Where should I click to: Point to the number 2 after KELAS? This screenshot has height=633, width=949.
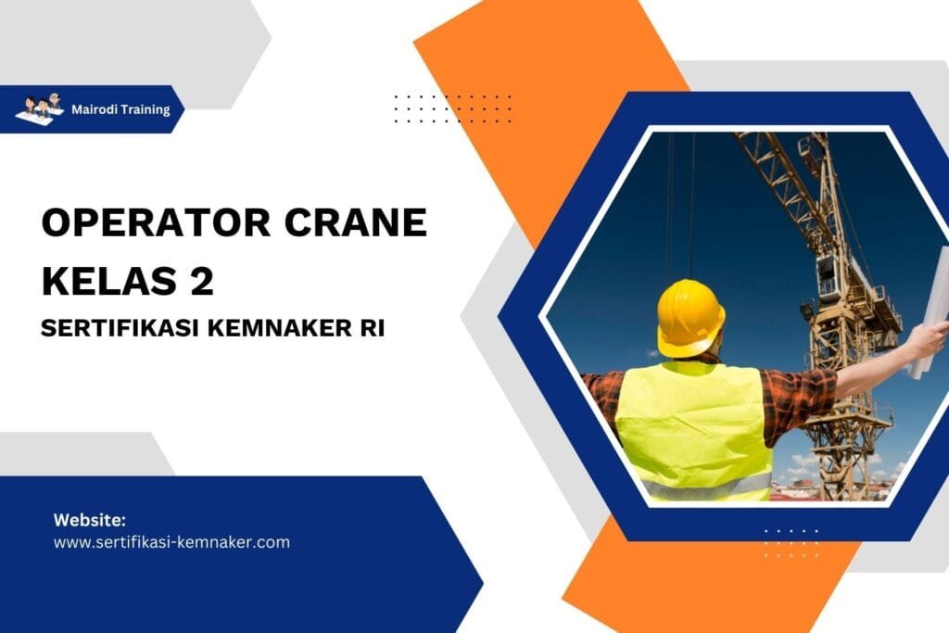(x=202, y=279)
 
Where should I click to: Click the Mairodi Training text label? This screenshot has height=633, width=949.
(x=120, y=109)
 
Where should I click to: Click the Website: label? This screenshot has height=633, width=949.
(x=89, y=519)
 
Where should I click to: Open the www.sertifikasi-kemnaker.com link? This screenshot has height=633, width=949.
(x=171, y=542)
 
